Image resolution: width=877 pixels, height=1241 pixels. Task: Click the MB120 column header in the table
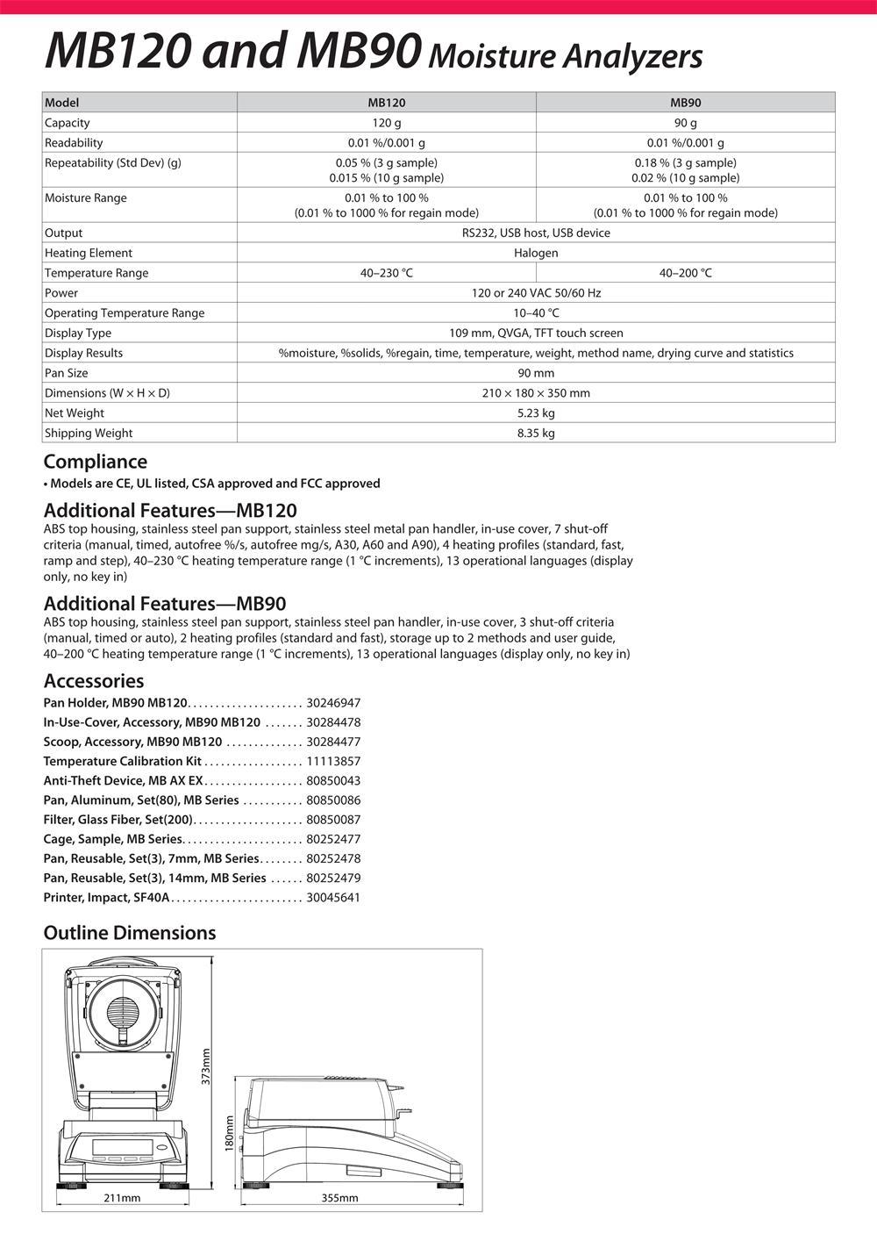[386, 103]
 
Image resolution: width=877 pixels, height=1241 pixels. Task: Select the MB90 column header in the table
[685, 103]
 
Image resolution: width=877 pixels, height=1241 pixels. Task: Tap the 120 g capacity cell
[386, 123]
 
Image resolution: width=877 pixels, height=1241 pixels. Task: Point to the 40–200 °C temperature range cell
[685, 273]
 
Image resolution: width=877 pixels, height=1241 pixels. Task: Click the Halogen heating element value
[536, 253]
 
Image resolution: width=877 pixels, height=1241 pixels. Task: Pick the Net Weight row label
[75, 413]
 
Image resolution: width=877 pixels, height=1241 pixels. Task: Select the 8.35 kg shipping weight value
[536, 434]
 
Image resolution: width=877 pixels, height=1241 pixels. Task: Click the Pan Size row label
[68, 373]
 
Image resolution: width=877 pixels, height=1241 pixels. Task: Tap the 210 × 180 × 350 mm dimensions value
[536, 393]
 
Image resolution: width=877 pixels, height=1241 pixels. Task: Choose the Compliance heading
[96, 462]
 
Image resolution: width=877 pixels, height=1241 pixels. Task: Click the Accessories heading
[94, 681]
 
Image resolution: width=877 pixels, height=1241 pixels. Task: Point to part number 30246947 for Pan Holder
[333, 703]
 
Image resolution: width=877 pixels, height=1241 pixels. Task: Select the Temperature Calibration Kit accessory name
[122, 762]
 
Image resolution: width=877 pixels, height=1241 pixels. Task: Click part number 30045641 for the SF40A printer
[333, 898]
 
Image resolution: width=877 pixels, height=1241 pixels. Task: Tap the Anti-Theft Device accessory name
[123, 781]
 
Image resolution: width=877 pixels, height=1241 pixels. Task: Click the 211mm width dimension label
[122, 1197]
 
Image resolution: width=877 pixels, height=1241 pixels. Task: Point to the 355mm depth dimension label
[339, 1197]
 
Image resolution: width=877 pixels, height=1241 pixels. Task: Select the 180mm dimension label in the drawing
[230, 1134]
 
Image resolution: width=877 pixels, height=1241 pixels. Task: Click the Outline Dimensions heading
[130, 933]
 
